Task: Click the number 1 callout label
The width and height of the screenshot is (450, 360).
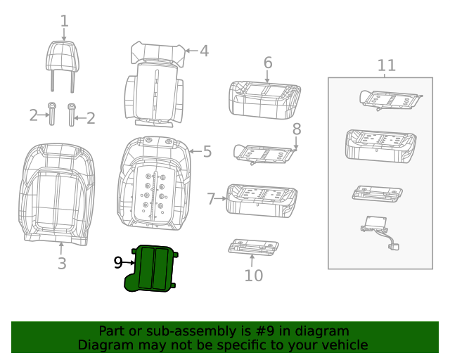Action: [x=64, y=21]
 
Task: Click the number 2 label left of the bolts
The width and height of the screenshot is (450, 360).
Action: [x=33, y=115]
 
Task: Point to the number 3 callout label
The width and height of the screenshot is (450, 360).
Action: [x=62, y=264]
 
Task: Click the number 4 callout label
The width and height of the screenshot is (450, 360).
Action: [x=204, y=51]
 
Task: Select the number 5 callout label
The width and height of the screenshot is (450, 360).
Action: [x=207, y=151]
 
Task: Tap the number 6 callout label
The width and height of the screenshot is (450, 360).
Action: [x=267, y=63]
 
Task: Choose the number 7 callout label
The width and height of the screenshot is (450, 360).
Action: [x=212, y=199]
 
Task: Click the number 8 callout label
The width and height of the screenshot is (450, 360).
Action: [x=296, y=129]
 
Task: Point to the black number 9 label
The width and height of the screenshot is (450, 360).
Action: [x=119, y=262]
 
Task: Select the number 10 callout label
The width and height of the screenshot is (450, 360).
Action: [x=253, y=275]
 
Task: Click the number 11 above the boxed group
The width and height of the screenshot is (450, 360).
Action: [x=386, y=65]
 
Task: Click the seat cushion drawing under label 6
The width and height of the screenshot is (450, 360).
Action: [x=264, y=98]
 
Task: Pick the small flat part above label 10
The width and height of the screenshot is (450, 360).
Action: [x=254, y=246]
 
